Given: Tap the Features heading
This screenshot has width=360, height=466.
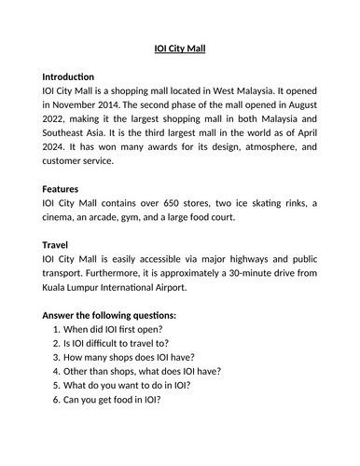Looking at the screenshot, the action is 61,187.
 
